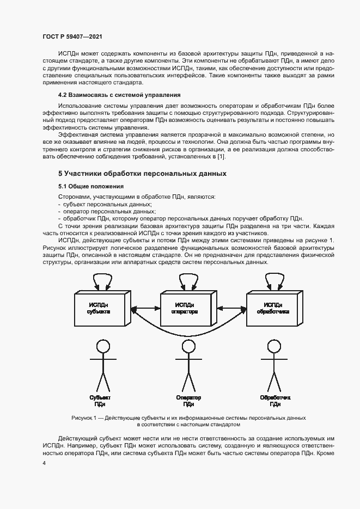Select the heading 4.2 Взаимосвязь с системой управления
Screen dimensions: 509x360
click(x=111, y=95)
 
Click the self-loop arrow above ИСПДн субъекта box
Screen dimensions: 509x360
click(x=102, y=280)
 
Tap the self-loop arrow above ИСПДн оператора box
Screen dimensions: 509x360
click(x=188, y=280)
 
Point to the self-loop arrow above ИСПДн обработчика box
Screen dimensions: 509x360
click(x=274, y=280)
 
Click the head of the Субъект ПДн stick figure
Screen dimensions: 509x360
click(x=102, y=347)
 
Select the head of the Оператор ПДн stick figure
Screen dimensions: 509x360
click(x=188, y=347)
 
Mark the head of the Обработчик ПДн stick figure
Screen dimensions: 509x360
click(x=274, y=347)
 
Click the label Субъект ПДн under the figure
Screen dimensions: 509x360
click(x=100, y=401)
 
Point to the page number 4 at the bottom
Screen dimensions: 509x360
click(x=44, y=463)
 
